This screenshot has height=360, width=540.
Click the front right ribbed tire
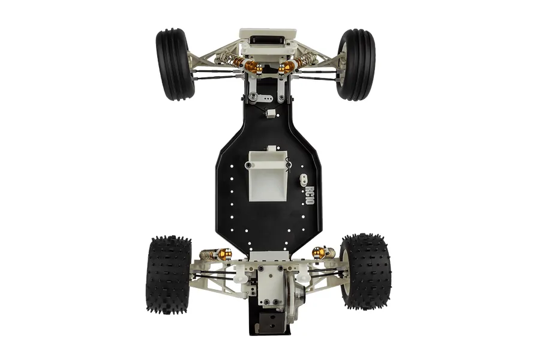click(x=356, y=65)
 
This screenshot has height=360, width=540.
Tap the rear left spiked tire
click(x=169, y=274)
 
